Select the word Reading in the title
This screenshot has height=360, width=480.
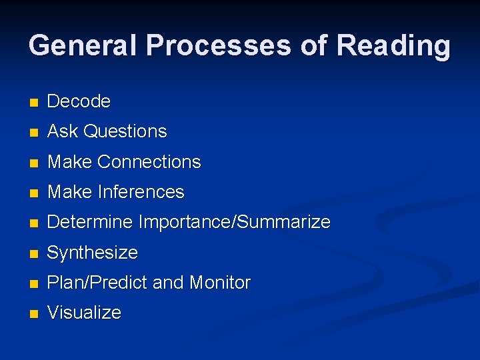pos(393,45)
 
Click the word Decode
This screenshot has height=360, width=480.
pos(79,101)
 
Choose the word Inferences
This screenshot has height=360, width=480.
pos(141,192)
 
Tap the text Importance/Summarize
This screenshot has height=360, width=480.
pos(234,222)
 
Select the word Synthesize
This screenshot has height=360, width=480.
pos(93,253)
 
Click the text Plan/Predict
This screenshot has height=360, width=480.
pos(97,283)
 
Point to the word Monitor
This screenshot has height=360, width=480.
pos(219,283)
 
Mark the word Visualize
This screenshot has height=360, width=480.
pos(84,313)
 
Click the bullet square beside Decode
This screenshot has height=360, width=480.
pos(34,103)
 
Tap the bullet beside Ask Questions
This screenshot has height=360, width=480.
pos(34,133)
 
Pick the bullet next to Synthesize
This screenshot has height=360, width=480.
pos(34,254)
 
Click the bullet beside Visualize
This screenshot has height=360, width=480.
pos(34,314)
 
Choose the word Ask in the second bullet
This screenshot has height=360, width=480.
pos(63,131)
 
